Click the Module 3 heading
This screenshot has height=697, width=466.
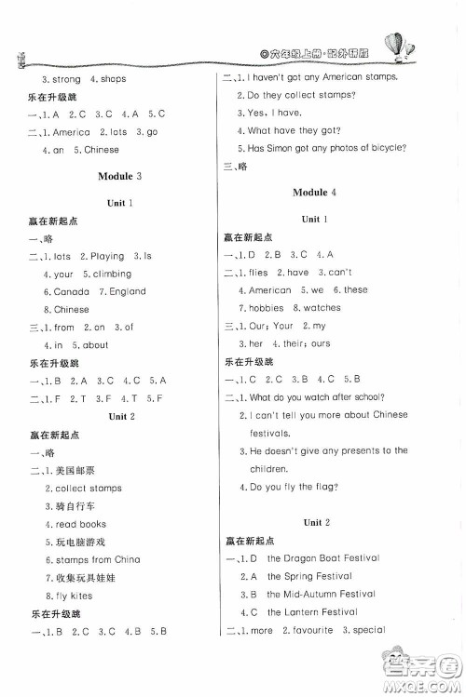126,176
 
